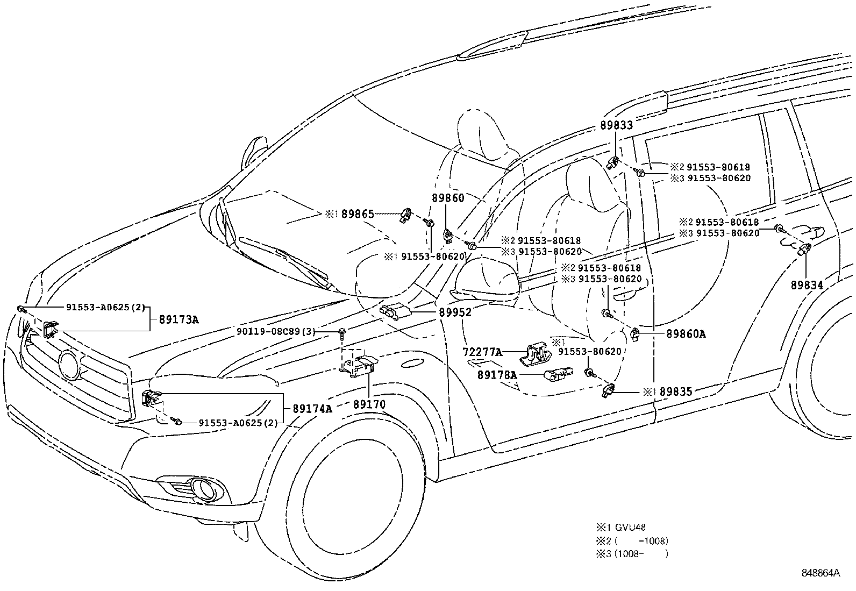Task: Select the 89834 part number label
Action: pyautogui.click(x=807, y=285)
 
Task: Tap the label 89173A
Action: pyautogui.click(x=179, y=320)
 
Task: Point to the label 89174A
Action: pyautogui.click(x=312, y=409)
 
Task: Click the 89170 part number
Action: pyautogui.click(x=369, y=404)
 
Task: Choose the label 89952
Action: pyautogui.click(x=454, y=312)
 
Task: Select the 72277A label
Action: pyautogui.click(x=482, y=352)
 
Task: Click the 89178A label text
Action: pyautogui.click(x=497, y=375)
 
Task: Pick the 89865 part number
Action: pyautogui.click(x=358, y=214)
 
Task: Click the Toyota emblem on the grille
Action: pyautogui.click(x=69, y=364)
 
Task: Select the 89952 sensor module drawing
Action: pyautogui.click(x=395, y=310)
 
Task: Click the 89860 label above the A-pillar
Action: pyautogui.click(x=447, y=198)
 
